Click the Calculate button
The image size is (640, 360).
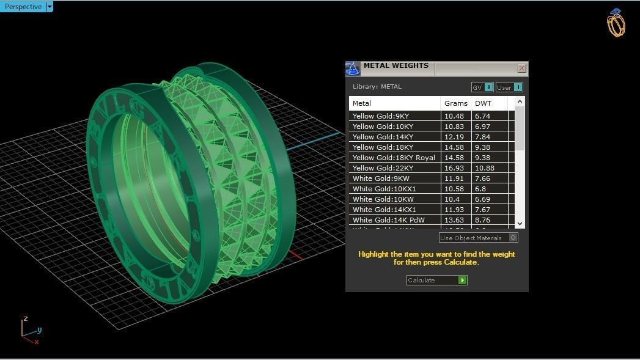(436, 280)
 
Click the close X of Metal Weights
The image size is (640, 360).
(521, 68)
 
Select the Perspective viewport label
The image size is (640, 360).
(23, 7)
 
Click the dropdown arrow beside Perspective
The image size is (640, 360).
(50, 7)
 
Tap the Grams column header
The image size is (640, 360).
(455, 103)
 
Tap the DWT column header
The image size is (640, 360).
(483, 103)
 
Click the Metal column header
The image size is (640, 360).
(362, 103)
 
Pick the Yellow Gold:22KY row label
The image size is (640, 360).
(383, 168)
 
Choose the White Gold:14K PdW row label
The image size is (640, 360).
(388, 220)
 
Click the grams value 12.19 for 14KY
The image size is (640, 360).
(454, 137)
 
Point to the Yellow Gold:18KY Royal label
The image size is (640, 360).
(394, 158)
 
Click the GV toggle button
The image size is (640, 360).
(482, 87)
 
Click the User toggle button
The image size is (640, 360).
(509, 87)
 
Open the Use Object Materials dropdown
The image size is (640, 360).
(478, 238)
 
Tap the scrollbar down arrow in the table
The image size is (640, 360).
(520, 224)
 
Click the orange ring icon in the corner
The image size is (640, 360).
(616, 23)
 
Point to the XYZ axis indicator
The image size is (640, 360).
(29, 331)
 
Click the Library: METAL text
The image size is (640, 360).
(377, 87)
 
